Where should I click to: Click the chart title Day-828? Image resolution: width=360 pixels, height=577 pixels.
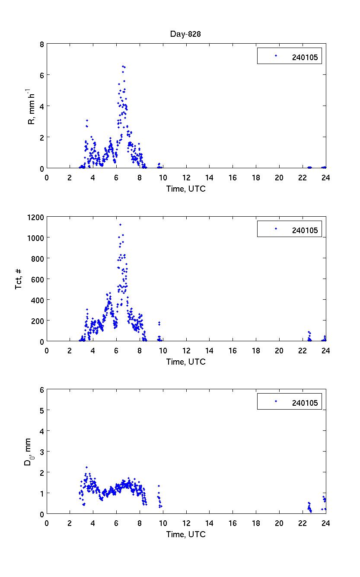coord(186,34)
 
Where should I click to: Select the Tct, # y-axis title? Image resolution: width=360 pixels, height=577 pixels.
coord(19,279)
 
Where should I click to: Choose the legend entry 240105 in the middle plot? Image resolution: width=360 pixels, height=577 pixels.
coord(305,230)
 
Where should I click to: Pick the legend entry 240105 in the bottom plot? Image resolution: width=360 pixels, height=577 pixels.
coord(305,403)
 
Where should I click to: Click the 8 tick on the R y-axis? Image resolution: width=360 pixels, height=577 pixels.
coord(41,44)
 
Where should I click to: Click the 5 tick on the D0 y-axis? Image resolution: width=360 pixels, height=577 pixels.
coord(41,410)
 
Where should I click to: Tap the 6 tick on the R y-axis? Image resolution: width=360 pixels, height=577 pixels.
coord(41,75)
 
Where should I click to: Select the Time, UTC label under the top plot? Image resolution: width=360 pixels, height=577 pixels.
coord(186,189)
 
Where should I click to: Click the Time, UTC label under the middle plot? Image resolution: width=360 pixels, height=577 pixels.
coord(186,362)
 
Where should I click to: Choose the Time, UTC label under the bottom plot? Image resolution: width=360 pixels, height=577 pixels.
coord(186,534)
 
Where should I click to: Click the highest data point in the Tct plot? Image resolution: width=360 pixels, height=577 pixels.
coord(120,224)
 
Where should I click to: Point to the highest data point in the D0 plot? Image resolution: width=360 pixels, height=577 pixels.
coord(86,467)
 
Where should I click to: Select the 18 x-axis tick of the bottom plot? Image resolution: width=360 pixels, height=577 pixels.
coord(256,523)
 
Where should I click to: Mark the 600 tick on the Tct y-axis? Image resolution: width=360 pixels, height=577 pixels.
coord(38,279)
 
